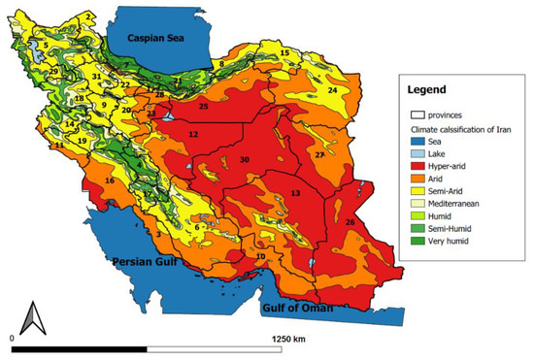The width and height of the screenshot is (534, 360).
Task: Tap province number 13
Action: pyautogui.click(x=295, y=194)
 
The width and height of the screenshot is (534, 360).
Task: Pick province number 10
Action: pyautogui.click(x=260, y=257)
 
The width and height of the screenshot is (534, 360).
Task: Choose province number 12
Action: pyautogui.click(x=193, y=134)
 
